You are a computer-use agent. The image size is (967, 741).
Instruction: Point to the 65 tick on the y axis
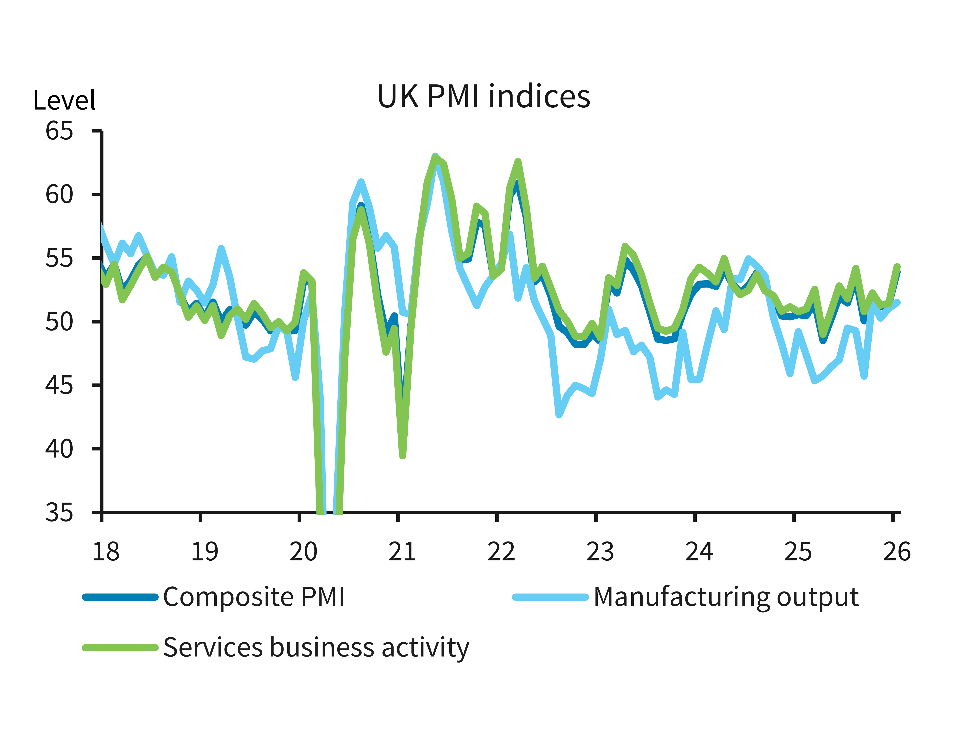coord(59,131)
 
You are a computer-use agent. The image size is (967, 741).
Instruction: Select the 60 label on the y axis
coord(59,195)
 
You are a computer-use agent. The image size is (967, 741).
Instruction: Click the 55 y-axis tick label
coord(59,258)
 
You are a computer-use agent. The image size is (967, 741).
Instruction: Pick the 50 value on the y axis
coord(59,322)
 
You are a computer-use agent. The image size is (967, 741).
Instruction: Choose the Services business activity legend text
coord(316,647)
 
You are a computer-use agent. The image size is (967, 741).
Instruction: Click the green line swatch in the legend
coord(120,647)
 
